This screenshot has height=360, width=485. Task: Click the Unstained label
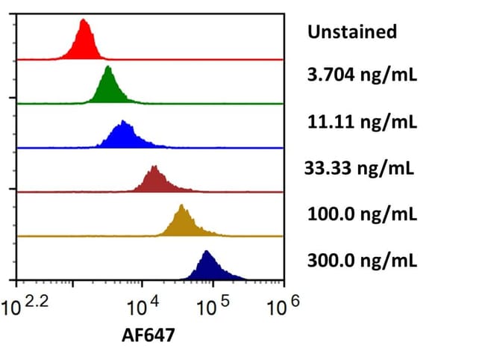(x=351, y=32)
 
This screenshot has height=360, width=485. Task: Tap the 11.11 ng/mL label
(x=362, y=122)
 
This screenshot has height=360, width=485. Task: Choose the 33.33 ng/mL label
(x=358, y=168)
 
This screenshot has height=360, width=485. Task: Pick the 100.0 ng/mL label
(x=362, y=215)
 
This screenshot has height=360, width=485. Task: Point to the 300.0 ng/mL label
(x=362, y=261)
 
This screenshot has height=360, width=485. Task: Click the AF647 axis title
(x=148, y=336)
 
